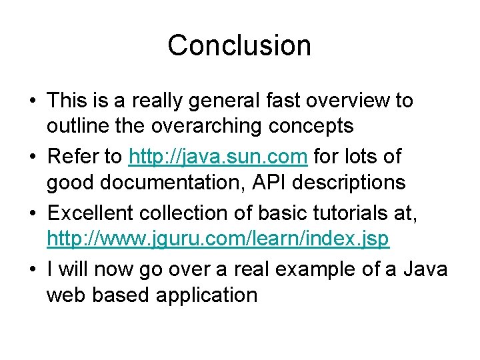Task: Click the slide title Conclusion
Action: click(239, 45)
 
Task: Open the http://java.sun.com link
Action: click(218, 157)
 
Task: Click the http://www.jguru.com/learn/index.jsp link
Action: click(218, 238)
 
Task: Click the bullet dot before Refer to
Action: click(32, 158)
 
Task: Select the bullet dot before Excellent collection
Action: click(32, 214)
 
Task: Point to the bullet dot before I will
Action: click(32, 269)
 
